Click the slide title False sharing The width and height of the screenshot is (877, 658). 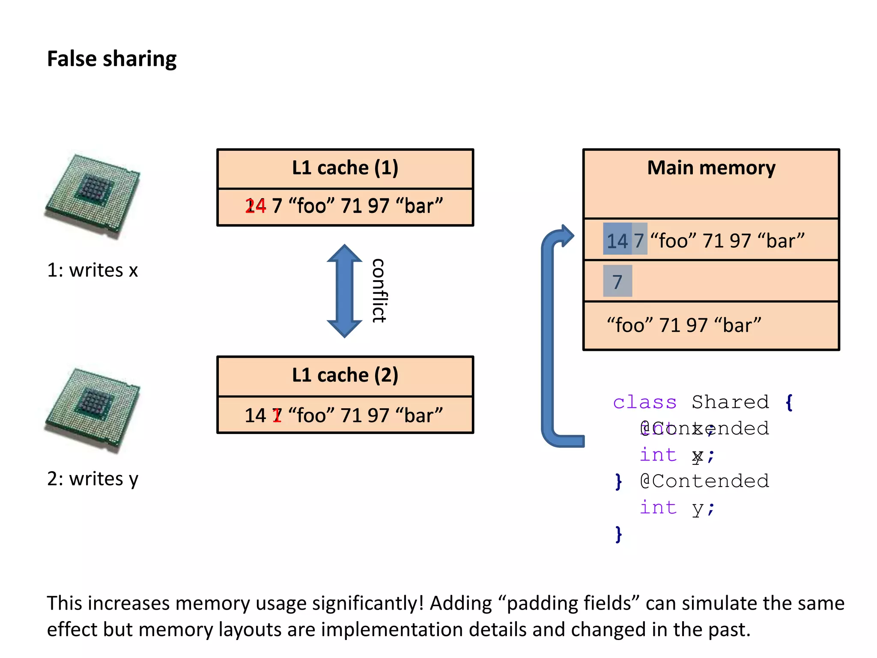click(111, 59)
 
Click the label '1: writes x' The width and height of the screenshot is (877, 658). click(92, 270)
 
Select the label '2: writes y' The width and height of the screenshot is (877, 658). click(92, 479)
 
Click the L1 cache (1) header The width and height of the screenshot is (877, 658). click(345, 168)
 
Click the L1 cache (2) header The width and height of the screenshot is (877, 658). click(345, 375)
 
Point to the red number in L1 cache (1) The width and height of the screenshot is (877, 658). click(256, 206)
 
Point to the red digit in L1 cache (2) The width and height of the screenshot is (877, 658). click(277, 416)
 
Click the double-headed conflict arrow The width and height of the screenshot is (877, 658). click(344, 291)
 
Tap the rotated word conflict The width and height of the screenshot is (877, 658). click(379, 291)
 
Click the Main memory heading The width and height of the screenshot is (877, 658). click(711, 168)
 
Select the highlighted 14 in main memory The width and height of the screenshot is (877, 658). click(617, 241)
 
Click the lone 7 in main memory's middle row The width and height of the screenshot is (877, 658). click(617, 282)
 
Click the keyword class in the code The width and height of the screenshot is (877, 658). click(644, 402)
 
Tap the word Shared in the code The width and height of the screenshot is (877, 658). click(730, 402)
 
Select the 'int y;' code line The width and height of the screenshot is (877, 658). click(677, 508)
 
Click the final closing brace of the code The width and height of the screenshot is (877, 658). click(618, 535)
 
